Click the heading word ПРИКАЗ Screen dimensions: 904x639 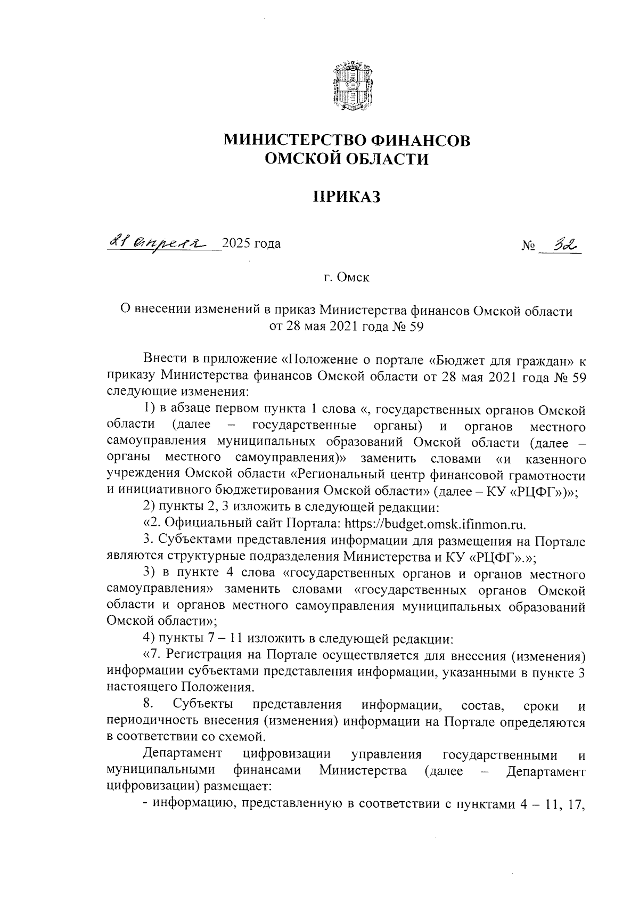[x=347, y=198]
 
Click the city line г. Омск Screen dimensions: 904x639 [x=347, y=278]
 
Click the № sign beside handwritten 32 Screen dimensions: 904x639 [x=528, y=247]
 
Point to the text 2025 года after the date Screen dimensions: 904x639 [x=251, y=244]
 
